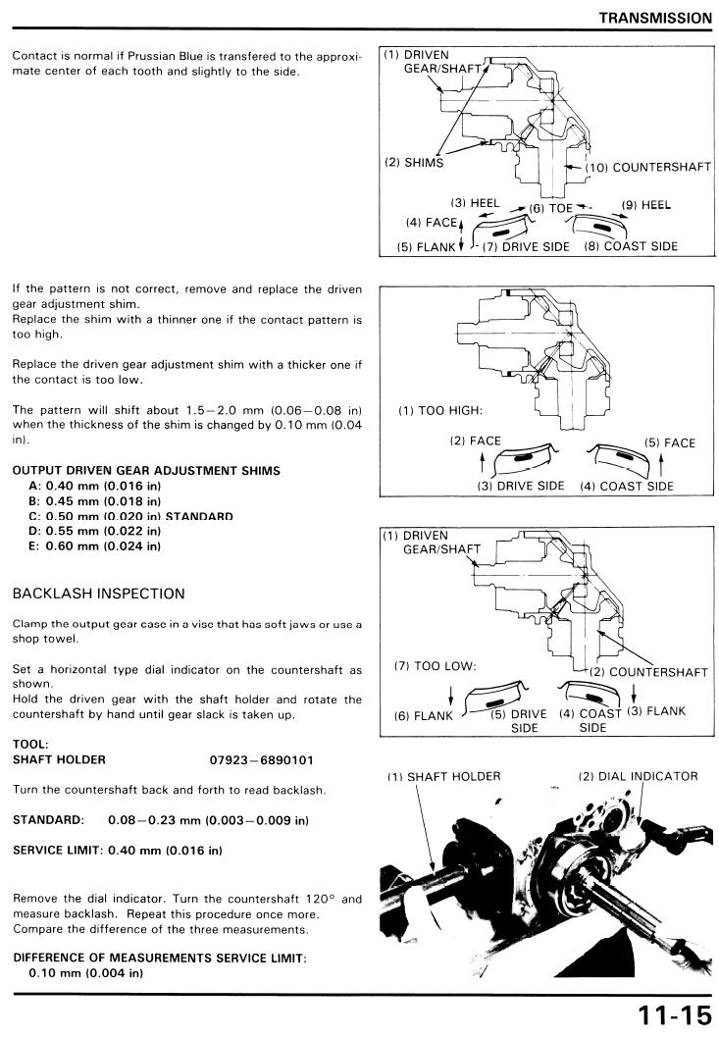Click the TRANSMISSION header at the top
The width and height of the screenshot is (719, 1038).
[655, 18]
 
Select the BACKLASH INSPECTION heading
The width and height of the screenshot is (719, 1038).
[98, 594]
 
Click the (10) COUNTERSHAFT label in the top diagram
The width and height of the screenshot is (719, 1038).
[648, 168]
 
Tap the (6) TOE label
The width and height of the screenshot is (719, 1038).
[550, 209]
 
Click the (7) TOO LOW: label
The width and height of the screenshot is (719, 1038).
[435, 665]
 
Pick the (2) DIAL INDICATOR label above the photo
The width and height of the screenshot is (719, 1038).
[638, 776]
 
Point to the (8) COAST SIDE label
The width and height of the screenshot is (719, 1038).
[631, 246]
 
